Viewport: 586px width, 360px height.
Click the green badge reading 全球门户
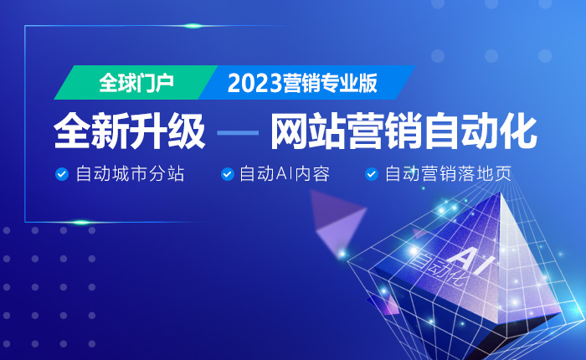(136, 83)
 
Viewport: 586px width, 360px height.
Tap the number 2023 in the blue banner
(254, 83)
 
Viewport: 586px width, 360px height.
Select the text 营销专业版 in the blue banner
(330, 83)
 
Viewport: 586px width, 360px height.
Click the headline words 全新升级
(129, 131)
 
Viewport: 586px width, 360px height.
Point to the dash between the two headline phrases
(238, 133)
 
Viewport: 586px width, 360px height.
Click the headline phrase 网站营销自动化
(404, 131)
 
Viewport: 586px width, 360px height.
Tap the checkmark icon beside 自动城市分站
(62, 174)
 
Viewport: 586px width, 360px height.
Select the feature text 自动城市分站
(130, 174)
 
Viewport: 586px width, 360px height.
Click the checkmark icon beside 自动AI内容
(227, 174)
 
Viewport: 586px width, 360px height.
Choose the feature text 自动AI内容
(285, 174)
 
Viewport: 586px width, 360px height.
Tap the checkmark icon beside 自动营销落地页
(372, 174)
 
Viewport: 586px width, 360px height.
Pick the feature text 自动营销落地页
(448, 174)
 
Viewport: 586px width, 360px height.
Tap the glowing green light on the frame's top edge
(193, 26)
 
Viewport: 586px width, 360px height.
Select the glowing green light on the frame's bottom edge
(80, 223)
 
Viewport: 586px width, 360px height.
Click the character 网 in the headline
(290, 132)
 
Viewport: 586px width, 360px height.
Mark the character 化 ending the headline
(519, 132)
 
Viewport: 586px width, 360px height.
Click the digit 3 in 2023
(275, 84)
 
